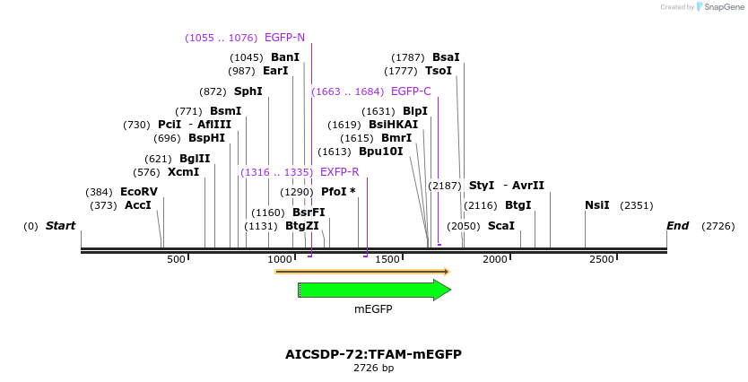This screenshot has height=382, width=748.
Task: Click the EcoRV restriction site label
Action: click(x=139, y=192)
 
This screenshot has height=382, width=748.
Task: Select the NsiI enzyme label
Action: click(x=596, y=205)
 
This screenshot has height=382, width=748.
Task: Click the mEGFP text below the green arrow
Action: click(x=373, y=309)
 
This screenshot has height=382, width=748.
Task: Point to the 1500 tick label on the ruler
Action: click(x=387, y=259)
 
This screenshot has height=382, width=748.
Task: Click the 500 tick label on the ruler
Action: click(x=176, y=259)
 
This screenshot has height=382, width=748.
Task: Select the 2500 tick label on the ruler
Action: click(x=602, y=259)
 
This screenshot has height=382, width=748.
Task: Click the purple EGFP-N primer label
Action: click(x=284, y=38)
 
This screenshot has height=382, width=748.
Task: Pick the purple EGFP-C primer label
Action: click(x=411, y=91)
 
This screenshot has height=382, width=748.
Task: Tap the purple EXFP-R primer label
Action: click(x=339, y=172)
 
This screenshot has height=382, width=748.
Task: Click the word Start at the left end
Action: click(x=60, y=226)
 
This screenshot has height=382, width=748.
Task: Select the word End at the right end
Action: click(x=677, y=226)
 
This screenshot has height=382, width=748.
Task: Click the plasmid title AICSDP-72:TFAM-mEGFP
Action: click(x=373, y=354)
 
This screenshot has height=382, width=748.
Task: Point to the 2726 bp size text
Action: click(x=373, y=369)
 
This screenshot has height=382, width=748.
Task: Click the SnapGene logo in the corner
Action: click(x=722, y=7)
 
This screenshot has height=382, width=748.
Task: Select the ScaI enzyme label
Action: click(x=501, y=226)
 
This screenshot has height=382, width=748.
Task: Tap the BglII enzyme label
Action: click(x=195, y=159)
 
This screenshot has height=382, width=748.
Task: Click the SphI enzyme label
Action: click(x=248, y=91)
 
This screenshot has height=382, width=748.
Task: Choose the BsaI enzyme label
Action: click(x=446, y=57)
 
